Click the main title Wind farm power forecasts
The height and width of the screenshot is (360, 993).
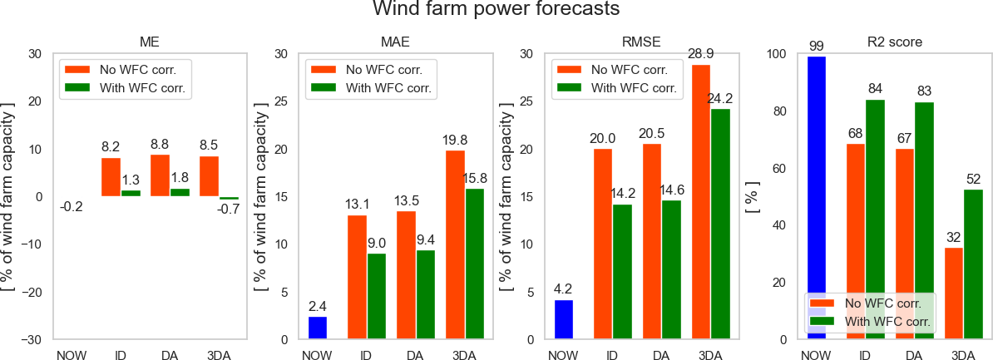(x=496, y=11)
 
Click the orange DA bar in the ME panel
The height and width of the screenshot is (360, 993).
(x=161, y=175)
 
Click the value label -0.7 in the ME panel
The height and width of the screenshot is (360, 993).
(x=230, y=210)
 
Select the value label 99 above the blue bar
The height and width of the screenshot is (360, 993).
(x=816, y=46)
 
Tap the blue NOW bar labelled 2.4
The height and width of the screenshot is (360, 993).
(x=318, y=328)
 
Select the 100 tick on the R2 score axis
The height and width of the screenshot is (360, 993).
(x=775, y=54)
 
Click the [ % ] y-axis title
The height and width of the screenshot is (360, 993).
(x=752, y=198)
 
